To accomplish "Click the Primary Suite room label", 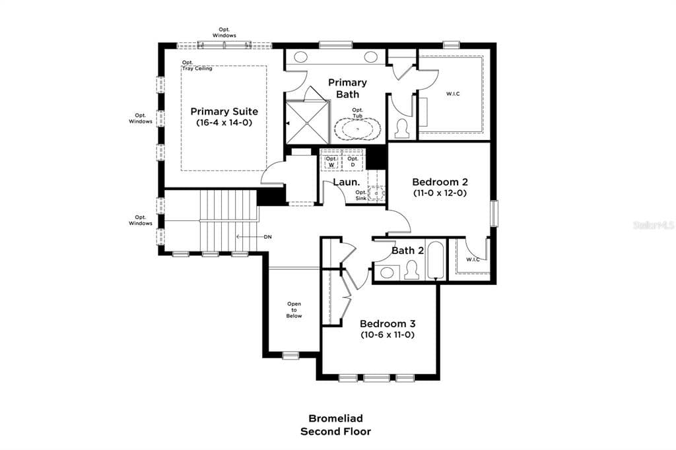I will click(x=224, y=112).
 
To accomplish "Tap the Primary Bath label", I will click(x=347, y=88).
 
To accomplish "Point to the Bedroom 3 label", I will click(x=388, y=323).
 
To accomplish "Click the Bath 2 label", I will click(x=407, y=250).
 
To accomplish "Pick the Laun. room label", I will click(x=346, y=182).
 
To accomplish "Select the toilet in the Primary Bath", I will click(x=401, y=127).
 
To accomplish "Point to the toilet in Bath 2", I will click(x=413, y=271).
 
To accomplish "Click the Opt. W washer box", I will click(x=331, y=161).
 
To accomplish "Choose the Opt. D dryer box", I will click(x=353, y=161).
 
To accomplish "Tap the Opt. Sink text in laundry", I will click(x=360, y=195).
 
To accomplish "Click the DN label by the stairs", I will click(x=267, y=236).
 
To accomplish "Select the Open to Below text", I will click(x=294, y=310).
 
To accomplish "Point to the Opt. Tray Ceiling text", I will click(x=197, y=65).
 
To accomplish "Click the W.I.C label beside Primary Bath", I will click(x=453, y=94).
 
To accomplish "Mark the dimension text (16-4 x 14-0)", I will click(x=224, y=123).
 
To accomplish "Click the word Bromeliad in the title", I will click(x=335, y=418).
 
